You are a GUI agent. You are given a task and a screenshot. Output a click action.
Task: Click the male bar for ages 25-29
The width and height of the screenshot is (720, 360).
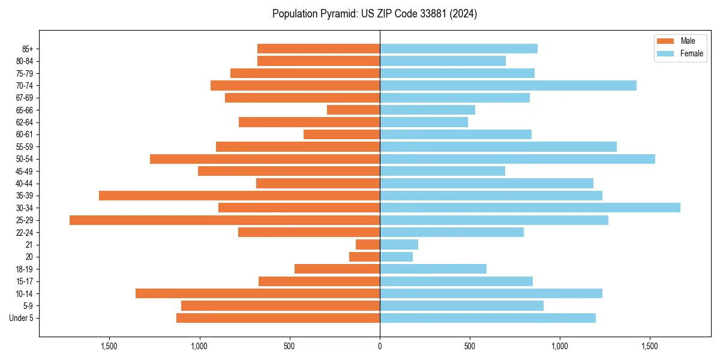pos(225,220)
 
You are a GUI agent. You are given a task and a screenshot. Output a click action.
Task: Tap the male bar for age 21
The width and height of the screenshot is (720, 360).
pos(368,245)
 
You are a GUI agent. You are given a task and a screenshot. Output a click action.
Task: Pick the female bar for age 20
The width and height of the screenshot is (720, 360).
pos(396,257)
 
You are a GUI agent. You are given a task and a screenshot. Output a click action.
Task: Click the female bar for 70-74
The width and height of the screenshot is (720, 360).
pos(508,85)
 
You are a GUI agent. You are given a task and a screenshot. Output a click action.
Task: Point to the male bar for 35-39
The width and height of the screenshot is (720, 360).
pos(239,196)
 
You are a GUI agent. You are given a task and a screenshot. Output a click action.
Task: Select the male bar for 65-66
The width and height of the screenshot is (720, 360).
pos(353,110)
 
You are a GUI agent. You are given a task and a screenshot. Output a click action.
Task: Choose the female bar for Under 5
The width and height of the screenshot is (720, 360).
pos(488,318)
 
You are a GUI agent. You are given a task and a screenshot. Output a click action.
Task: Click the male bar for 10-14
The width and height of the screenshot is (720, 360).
pos(258,293)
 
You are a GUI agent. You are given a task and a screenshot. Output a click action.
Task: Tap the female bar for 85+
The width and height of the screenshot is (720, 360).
pos(458,49)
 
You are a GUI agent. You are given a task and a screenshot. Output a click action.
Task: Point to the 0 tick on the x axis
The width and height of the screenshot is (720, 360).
pos(380,346)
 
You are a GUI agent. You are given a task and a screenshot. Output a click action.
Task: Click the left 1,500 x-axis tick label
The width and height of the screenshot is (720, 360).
pos(109,346)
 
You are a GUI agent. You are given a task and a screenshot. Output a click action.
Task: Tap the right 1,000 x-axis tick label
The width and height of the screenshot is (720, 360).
pos(560,346)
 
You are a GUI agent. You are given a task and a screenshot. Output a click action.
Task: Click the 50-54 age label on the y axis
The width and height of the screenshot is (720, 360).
pos(25,159)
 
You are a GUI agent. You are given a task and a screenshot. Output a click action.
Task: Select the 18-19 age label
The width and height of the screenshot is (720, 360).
pos(25,269)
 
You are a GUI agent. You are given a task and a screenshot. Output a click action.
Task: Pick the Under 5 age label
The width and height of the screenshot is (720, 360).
pos(22,318)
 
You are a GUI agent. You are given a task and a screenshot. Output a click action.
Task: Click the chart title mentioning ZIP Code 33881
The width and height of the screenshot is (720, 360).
pos(374,14)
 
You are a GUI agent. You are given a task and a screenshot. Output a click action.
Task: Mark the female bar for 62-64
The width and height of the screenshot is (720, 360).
pos(424,122)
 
